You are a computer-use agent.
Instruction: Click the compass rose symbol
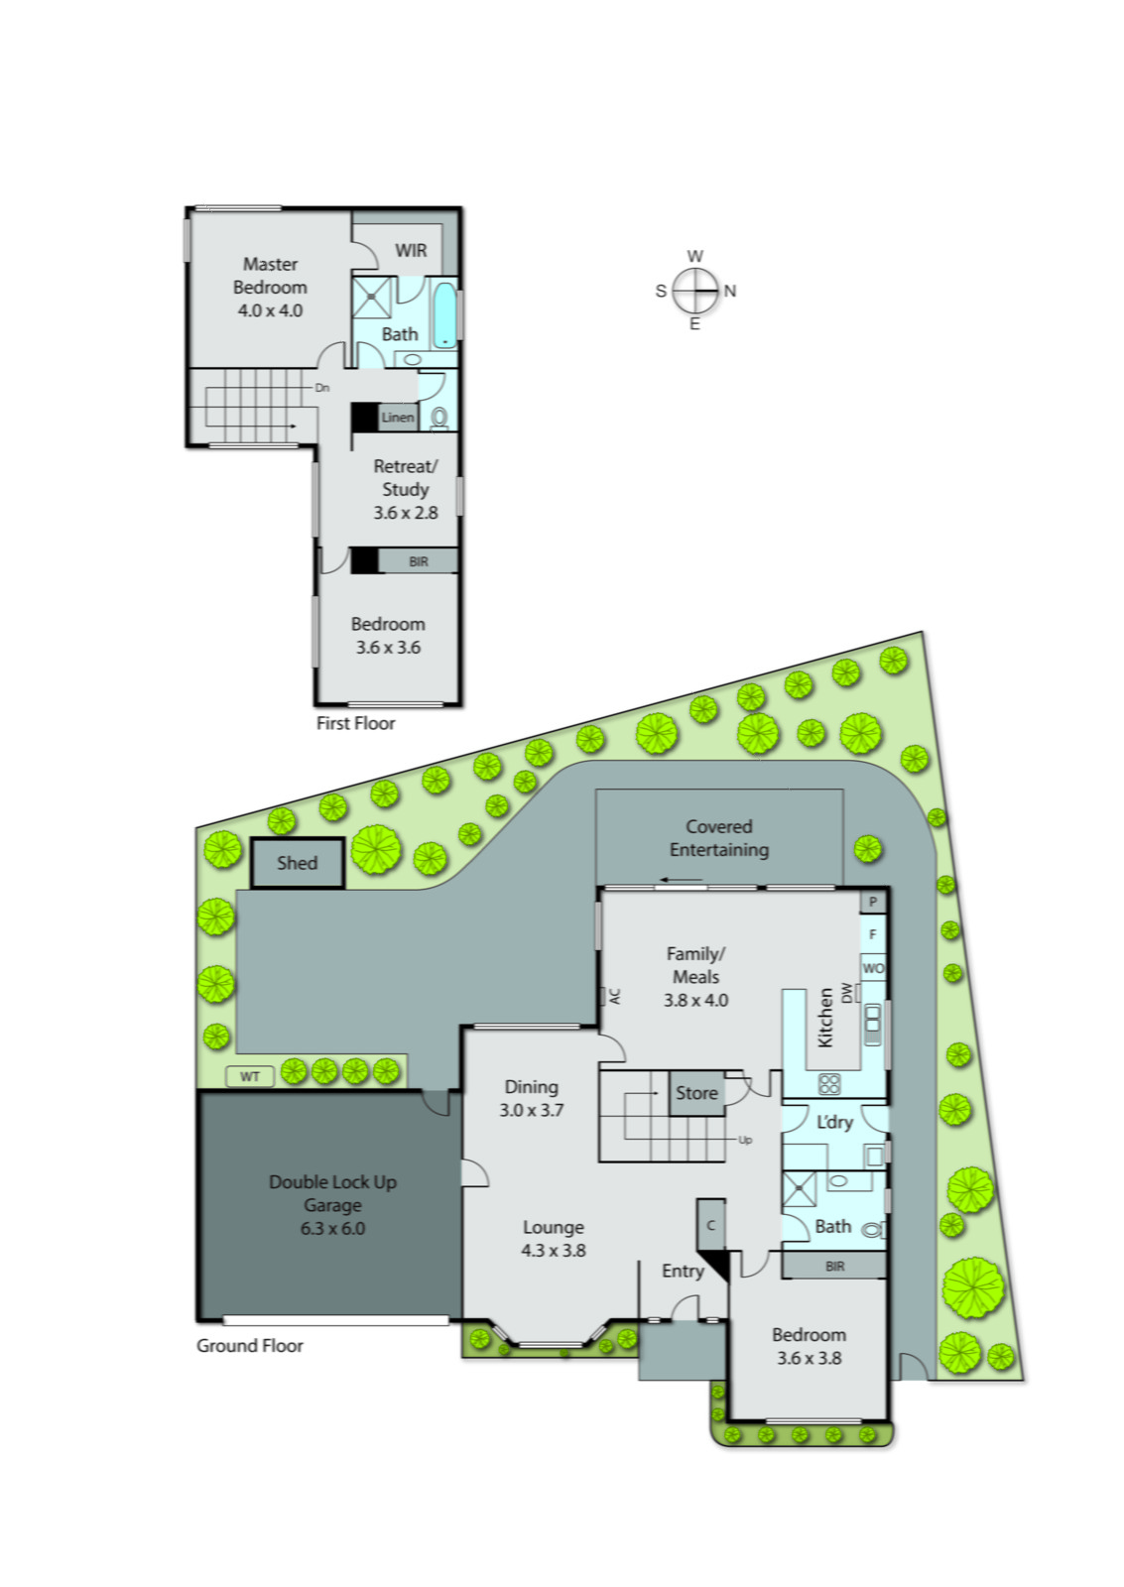coord(694,291)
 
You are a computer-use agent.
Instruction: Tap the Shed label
coord(297,863)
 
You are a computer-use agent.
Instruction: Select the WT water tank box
coord(250,1076)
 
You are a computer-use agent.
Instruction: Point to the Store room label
coord(696,1093)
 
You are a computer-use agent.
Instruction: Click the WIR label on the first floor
coord(411,250)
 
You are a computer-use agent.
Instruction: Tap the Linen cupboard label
coord(398,418)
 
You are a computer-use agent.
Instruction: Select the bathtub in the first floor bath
coord(444,315)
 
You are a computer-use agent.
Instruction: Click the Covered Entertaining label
coord(719,838)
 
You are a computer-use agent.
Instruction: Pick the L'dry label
coord(834,1122)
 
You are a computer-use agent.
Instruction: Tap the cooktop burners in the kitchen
coord(829,1083)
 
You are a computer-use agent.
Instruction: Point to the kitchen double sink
coord(872,1025)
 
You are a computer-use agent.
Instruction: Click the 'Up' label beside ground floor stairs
coord(745,1140)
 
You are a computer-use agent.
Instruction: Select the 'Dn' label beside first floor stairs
coord(322,388)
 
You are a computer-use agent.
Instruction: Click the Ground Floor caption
coord(249,1346)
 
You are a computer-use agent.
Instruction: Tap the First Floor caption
coord(355,723)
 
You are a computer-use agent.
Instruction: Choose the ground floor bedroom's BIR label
coord(835,1266)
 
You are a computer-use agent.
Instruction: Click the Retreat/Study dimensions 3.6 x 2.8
coord(406,513)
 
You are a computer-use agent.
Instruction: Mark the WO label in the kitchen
coord(873,968)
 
